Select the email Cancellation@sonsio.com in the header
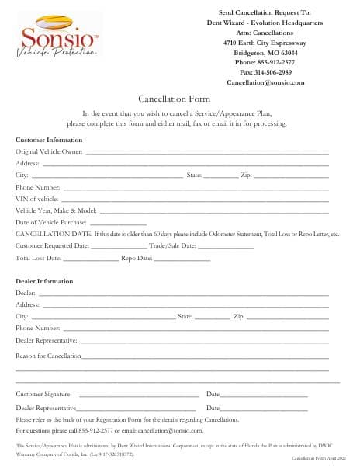(265, 82)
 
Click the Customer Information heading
(49, 140)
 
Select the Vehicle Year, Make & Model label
(56, 210)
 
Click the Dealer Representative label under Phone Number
(47, 340)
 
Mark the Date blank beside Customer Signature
(264, 395)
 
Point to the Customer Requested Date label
(51, 245)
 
